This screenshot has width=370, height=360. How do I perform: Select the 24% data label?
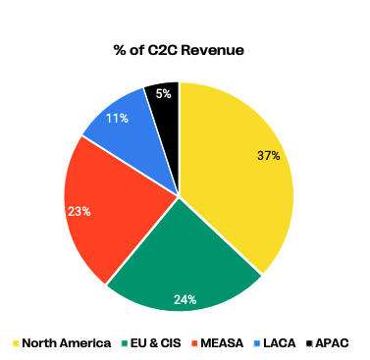tap(185, 298)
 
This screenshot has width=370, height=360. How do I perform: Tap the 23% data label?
tap(79, 210)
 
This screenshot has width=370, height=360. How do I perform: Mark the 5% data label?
tap(163, 95)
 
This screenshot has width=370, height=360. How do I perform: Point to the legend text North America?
tap(66, 343)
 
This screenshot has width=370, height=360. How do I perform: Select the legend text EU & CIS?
tap(156, 343)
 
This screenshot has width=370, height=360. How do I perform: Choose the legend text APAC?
tap(333, 343)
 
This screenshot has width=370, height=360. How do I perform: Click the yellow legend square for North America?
tap(17, 343)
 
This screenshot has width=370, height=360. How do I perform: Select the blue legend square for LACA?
tap(259, 343)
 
